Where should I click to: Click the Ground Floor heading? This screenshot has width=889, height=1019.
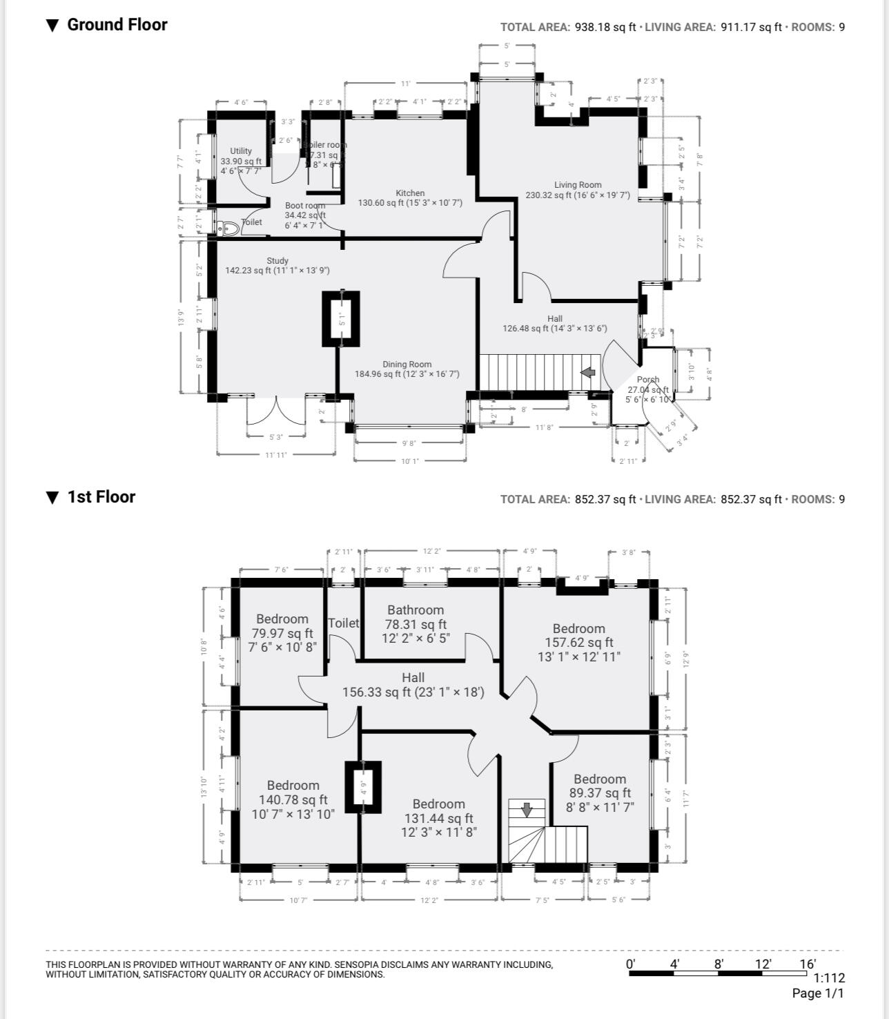coord(117,25)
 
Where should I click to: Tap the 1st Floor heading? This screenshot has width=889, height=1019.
coord(101,497)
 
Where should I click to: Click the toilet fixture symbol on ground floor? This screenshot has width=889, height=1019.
coord(229,228)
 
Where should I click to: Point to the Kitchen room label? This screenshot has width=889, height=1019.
coord(410,193)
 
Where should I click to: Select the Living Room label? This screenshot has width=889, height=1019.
coord(578,185)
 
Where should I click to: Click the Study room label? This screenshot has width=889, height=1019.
coord(277,261)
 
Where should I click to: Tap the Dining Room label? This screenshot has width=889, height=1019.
coord(407,365)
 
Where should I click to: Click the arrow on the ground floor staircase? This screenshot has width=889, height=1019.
coord(588,373)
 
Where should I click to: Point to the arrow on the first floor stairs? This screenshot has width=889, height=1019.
coord(527,810)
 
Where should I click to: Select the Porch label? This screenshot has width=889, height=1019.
coord(648,380)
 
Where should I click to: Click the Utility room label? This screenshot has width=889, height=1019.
coord(241,151)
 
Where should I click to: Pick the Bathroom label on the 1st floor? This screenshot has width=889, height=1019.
coord(416,610)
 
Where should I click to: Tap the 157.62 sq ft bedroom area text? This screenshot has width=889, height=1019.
coord(579,643)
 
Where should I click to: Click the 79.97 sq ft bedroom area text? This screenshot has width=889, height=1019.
coord(282,633)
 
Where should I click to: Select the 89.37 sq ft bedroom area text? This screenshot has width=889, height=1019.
coord(600,793)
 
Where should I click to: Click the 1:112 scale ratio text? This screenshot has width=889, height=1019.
coord(829,978)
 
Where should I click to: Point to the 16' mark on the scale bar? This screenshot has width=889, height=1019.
coord(808,964)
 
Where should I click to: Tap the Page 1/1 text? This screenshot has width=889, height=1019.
coord(818,993)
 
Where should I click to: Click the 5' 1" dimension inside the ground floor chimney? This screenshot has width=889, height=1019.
coord(341,320)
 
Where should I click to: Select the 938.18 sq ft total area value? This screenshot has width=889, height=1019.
coord(605,28)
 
